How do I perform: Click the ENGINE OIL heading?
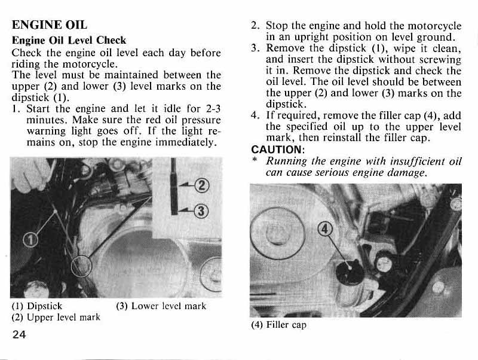click(50, 25)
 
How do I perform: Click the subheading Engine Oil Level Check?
click(69, 40)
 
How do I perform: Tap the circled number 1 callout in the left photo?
click(31, 239)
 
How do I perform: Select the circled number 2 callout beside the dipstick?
click(202, 185)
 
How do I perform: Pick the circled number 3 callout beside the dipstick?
click(201, 211)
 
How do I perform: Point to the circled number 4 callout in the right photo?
click(325, 229)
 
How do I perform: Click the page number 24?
click(19, 335)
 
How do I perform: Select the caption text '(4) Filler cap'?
click(278, 325)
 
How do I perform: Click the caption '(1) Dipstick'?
click(37, 306)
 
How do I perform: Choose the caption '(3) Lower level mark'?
click(161, 306)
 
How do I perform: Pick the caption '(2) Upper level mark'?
click(56, 318)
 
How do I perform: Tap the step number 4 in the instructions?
click(255, 115)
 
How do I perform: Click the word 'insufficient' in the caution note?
click(414, 161)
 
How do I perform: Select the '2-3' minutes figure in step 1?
click(213, 108)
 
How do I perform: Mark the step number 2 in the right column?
click(255, 26)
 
